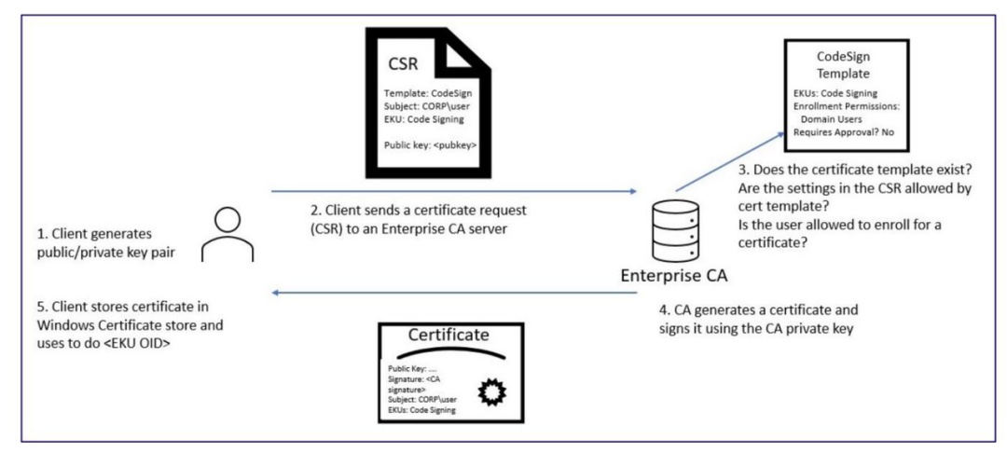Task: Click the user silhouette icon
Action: (x=228, y=235)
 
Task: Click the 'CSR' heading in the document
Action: (x=402, y=65)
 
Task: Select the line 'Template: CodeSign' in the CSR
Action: (x=427, y=93)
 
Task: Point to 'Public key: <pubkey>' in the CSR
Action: (x=430, y=145)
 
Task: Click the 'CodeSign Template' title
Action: (x=843, y=64)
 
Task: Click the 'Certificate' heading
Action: (x=448, y=335)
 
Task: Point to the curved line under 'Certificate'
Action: (x=448, y=352)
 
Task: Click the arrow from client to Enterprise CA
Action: (x=453, y=191)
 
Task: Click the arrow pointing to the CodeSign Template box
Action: (x=730, y=161)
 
